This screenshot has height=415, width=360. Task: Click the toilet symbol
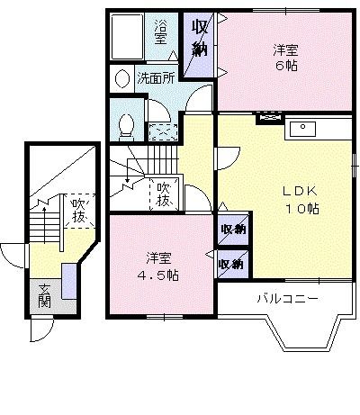tap(125, 125)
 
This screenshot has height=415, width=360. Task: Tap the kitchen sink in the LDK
tap(306, 128)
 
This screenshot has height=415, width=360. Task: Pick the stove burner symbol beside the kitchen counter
tap(267, 118)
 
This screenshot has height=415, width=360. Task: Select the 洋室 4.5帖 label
tap(157, 266)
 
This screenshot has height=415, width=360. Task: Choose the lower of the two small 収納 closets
tap(232, 263)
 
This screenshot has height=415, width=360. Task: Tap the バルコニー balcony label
tap(286, 297)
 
